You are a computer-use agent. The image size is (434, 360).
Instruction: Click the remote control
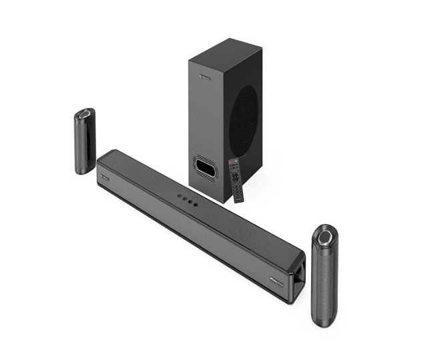point(237,179)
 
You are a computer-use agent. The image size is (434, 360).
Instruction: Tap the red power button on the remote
point(231,162)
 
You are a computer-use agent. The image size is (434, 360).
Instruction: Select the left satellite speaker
point(84,141)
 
